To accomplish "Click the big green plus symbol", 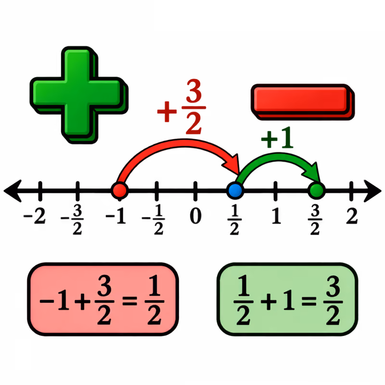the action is [x=78, y=95].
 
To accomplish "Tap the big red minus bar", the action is [x=303, y=102].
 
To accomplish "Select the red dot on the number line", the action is [x=119, y=190].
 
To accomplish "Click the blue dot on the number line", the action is [x=235, y=190].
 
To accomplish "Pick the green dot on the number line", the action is [x=317, y=190].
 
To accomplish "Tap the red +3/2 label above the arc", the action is [x=182, y=107].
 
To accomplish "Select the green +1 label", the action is [x=277, y=138].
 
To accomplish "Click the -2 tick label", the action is [x=35, y=216].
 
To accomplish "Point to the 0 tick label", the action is [x=196, y=216].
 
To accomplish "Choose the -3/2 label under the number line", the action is [x=73, y=219].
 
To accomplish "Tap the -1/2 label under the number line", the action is [x=154, y=219].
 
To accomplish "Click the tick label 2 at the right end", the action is [x=352, y=216].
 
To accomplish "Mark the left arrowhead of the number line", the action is [x=13, y=191].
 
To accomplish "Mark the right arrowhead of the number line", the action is [x=372, y=191].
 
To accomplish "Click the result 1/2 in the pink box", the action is [x=154, y=300].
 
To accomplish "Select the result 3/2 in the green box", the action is [x=333, y=300].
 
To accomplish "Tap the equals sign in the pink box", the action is [x=129, y=301].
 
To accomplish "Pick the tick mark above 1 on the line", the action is [x=275, y=191].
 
